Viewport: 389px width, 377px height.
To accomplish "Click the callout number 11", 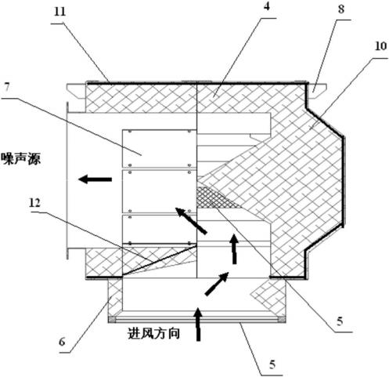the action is pos(60,12).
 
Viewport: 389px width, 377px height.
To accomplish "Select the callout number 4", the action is pos(266,6).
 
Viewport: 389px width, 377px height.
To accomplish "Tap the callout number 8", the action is pos(341,9).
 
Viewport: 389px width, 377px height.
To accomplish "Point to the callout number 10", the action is pos(380,46).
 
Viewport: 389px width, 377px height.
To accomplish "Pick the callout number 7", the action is pos(7,87).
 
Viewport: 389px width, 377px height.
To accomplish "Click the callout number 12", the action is pos(34,202).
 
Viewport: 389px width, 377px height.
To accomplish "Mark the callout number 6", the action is pos(62,342).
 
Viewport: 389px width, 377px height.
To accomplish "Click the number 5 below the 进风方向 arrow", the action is pos(272,364).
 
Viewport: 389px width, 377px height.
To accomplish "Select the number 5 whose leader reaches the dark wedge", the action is pos(340,321).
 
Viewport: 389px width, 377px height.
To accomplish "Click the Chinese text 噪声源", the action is pos(21,158).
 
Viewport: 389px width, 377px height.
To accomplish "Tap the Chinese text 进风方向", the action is pos(154,333).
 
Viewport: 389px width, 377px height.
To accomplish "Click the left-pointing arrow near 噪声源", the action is pos(95,179).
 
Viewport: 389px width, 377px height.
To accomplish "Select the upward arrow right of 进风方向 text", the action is pos(198,324).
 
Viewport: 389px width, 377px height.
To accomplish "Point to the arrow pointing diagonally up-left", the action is pos(191,220).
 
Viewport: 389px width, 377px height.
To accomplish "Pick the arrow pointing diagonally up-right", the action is pos(217,284).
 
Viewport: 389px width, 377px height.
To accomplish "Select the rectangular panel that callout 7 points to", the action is pos(159,148).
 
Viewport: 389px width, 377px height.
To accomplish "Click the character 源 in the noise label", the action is pos(34,158).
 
